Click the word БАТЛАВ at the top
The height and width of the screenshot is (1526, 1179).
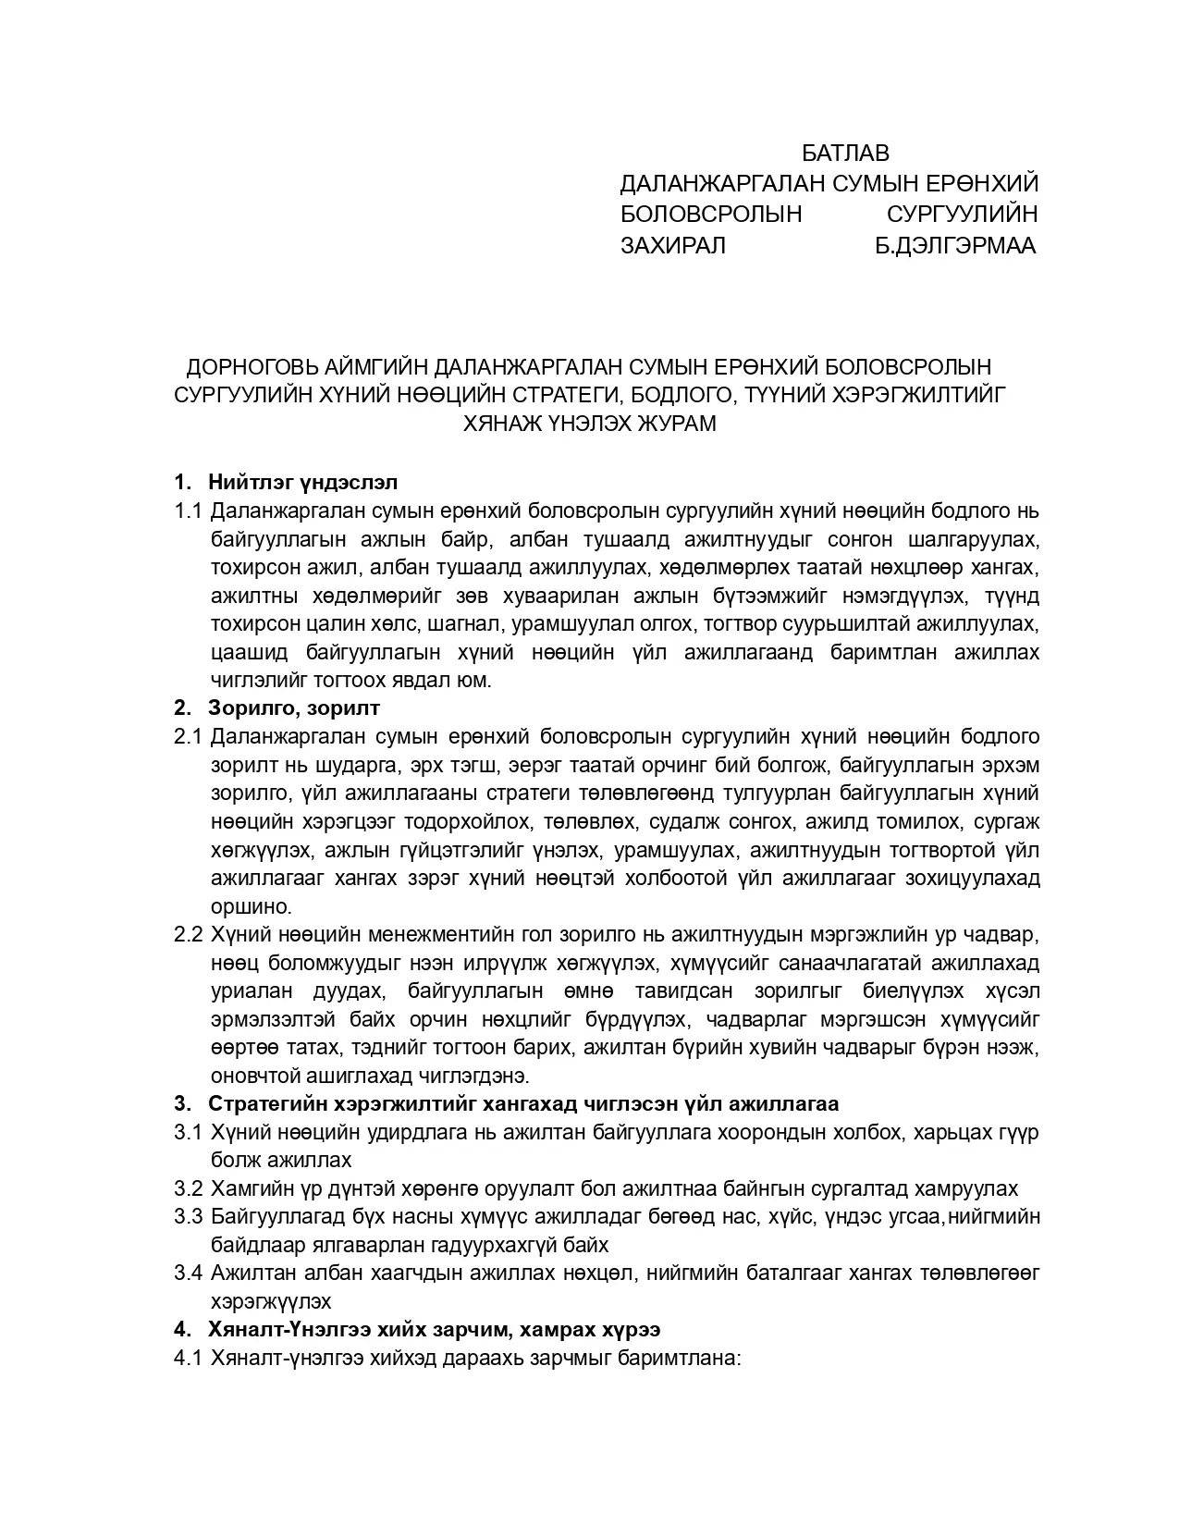pyautogui.click(x=844, y=153)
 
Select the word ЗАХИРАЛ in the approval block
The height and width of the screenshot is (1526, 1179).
pyautogui.click(x=672, y=245)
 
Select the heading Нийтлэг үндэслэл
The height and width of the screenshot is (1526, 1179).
pyautogui.click(x=302, y=482)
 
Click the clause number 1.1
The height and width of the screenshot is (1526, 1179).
pyautogui.click(x=188, y=511)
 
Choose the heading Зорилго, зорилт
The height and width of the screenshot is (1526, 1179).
pyautogui.click(x=294, y=708)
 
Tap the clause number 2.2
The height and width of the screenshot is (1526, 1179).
pyautogui.click(x=188, y=934)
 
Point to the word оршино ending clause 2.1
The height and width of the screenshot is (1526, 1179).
pyautogui.click(x=251, y=906)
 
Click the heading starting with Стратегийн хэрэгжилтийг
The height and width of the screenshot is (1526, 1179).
pyautogui.click(x=523, y=1104)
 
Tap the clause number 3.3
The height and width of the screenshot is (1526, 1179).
pyautogui.click(x=188, y=1217)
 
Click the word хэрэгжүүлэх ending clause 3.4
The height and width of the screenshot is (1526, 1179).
pyautogui.click(x=271, y=1301)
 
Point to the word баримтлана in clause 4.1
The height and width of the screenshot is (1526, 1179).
pyautogui.click(x=680, y=1359)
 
